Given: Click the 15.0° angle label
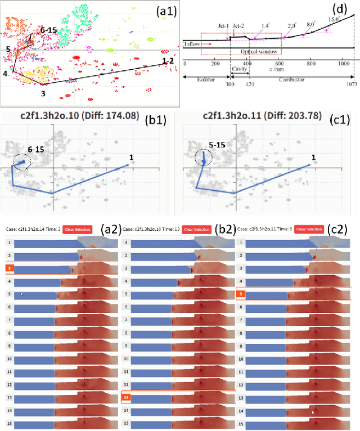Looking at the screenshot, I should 334,19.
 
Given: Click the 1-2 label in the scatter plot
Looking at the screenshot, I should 168,60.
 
